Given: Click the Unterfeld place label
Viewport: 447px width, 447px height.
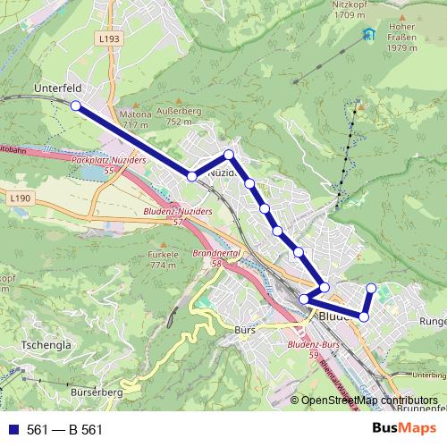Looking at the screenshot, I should pos(57,89).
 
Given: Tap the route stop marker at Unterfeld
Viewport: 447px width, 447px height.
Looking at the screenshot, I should pos(75,105).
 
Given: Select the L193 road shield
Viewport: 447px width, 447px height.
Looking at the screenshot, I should pos(109,39).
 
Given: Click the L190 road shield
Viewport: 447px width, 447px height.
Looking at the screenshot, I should pos(23,197).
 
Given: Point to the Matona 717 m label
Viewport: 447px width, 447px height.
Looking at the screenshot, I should pos(136,120).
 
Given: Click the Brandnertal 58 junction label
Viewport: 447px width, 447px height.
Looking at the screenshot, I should pos(213,258).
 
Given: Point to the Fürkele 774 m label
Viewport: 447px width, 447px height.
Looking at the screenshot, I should pos(163,259).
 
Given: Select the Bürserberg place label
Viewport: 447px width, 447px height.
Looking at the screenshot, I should pos(94,392).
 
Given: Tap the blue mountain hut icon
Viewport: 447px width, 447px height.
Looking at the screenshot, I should pos(369,36).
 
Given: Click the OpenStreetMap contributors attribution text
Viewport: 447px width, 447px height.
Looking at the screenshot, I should pos(369,401).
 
